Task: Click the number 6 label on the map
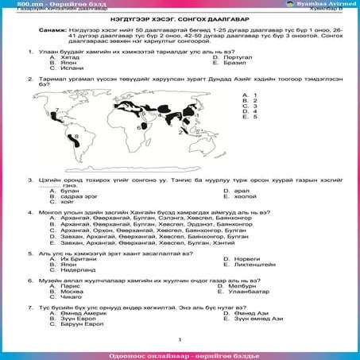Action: pyautogui.click(x=139, y=126)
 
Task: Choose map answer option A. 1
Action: pyautogui.click(x=254, y=94)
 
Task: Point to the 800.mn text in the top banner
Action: pyautogui.click(x=27, y=4)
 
